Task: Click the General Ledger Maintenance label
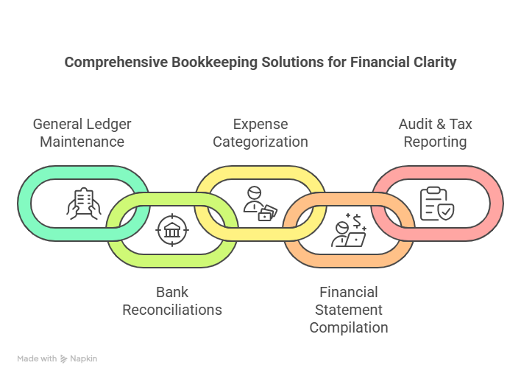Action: (x=82, y=132)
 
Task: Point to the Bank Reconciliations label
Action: (x=172, y=301)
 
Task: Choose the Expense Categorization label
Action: (x=260, y=132)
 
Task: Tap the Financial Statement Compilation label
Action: (x=349, y=310)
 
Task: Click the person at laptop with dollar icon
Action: (x=349, y=230)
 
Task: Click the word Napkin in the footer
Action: (x=84, y=359)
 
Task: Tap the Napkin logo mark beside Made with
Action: (x=65, y=359)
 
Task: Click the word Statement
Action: (x=349, y=310)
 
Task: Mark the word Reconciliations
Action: (x=172, y=310)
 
